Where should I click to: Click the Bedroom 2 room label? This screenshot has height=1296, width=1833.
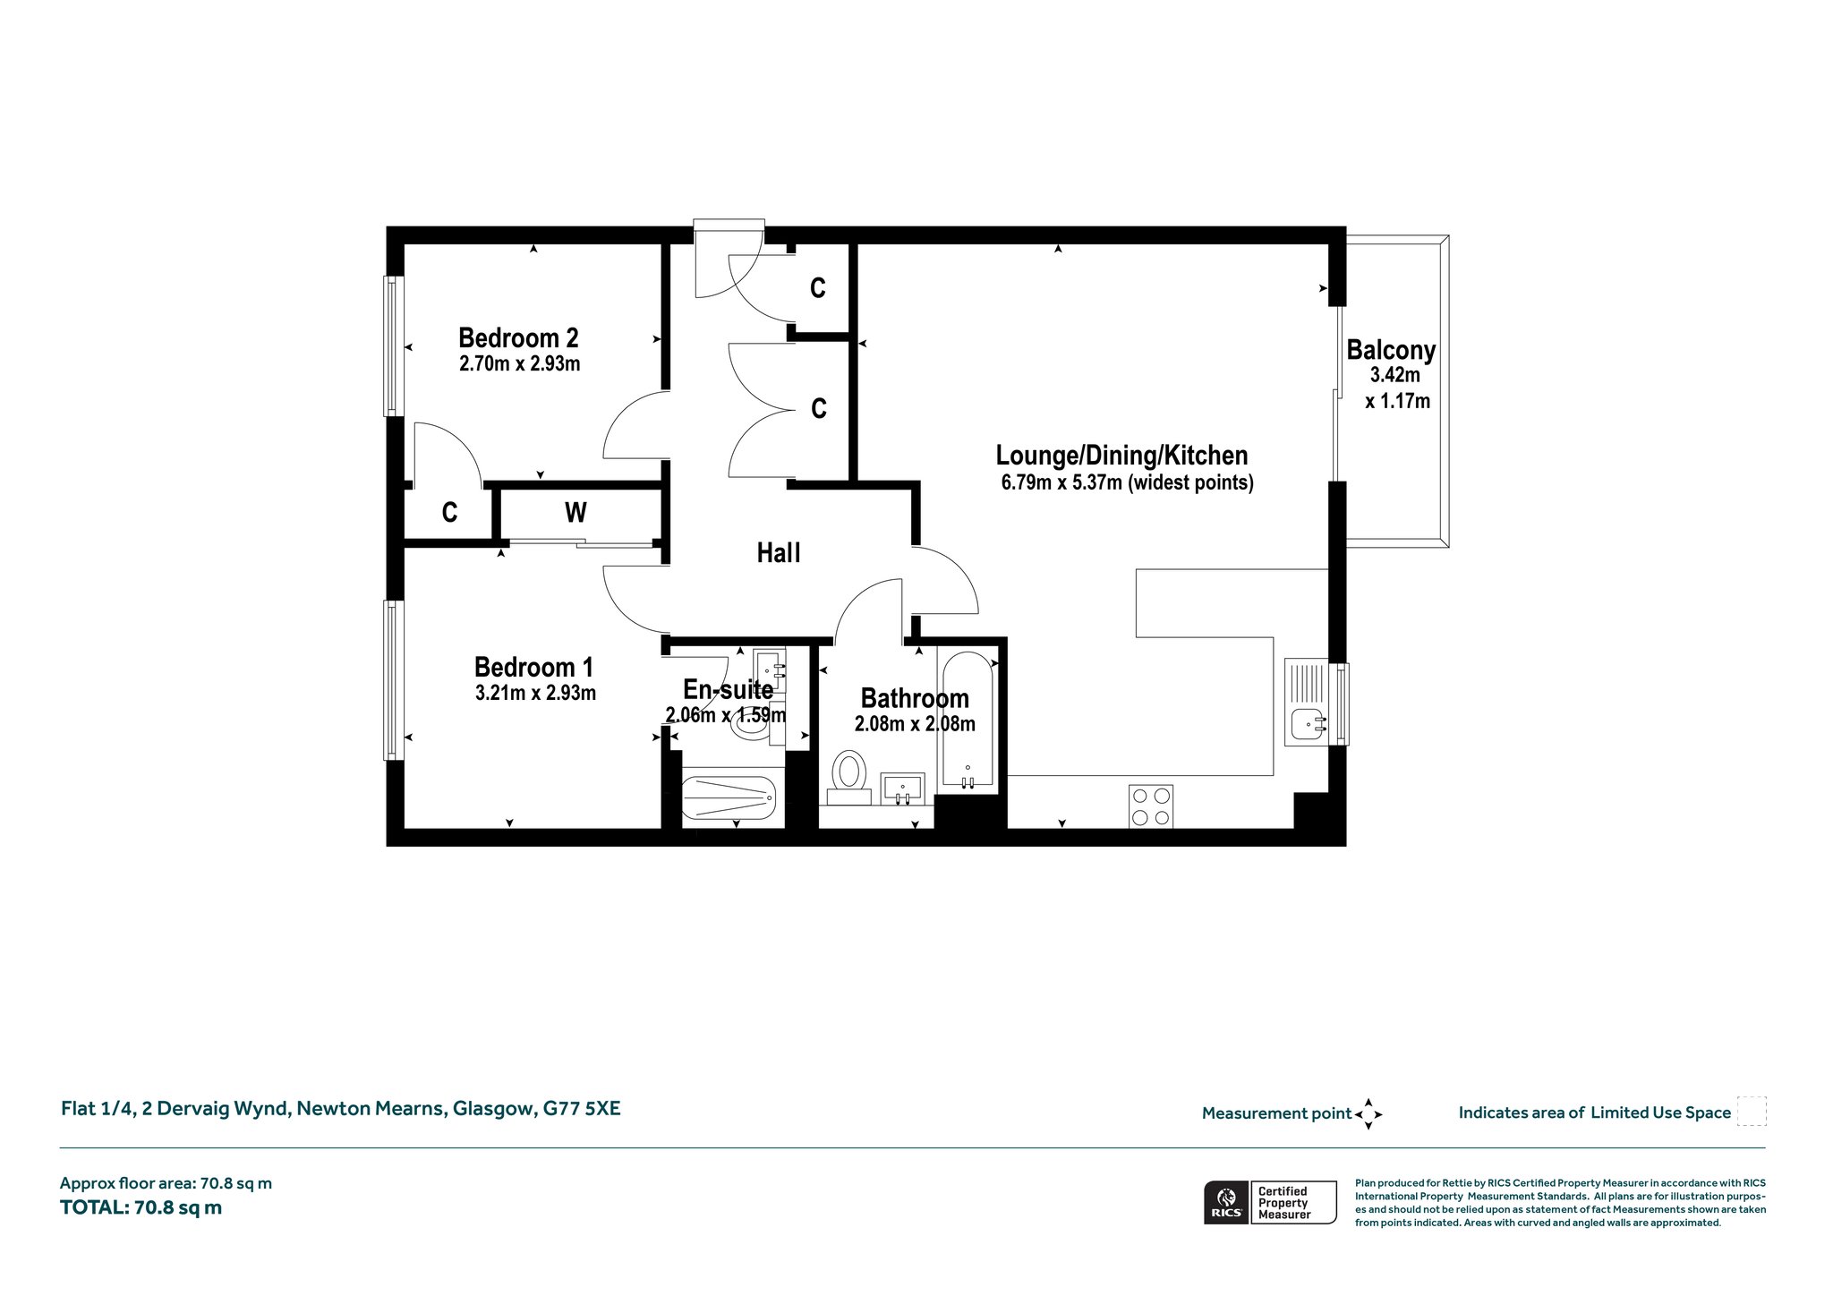[518, 337]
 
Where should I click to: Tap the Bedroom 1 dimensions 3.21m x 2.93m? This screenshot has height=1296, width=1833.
[535, 693]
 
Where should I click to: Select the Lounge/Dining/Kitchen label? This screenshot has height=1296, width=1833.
[1121, 456]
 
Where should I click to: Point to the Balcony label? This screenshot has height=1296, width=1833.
[1391, 350]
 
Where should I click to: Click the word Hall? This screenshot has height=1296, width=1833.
[779, 552]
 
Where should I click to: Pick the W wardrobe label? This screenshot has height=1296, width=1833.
[575, 512]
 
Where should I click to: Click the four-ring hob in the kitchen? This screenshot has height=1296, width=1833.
[1151, 806]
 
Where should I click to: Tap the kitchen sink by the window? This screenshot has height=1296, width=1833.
[1312, 702]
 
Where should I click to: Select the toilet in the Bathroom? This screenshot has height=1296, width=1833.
[848, 777]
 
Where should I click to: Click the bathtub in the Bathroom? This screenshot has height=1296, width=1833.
[966, 720]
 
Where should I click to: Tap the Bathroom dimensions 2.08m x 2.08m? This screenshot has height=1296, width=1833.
[915, 724]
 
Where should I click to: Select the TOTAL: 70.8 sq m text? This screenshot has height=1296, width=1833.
[141, 1207]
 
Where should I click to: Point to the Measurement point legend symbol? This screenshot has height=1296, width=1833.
[1368, 1114]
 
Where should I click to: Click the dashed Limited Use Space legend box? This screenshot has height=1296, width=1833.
[1752, 1112]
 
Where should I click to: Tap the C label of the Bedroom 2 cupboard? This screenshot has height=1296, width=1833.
[449, 513]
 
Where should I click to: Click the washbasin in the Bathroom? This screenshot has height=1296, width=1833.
[902, 789]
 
